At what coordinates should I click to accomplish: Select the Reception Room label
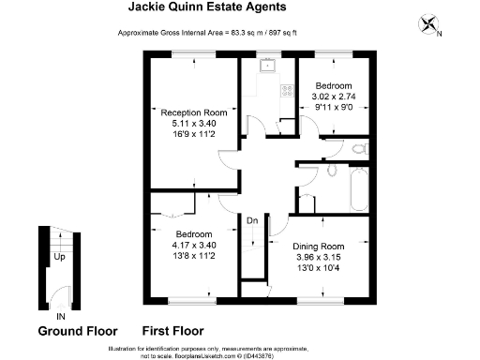click(x=187, y=112)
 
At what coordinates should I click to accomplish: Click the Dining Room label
click(x=325, y=245)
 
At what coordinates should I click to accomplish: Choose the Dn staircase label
click(x=252, y=220)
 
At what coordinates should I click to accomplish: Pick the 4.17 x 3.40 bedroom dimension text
click(x=194, y=245)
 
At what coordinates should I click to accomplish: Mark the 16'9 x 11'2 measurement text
click(x=187, y=134)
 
